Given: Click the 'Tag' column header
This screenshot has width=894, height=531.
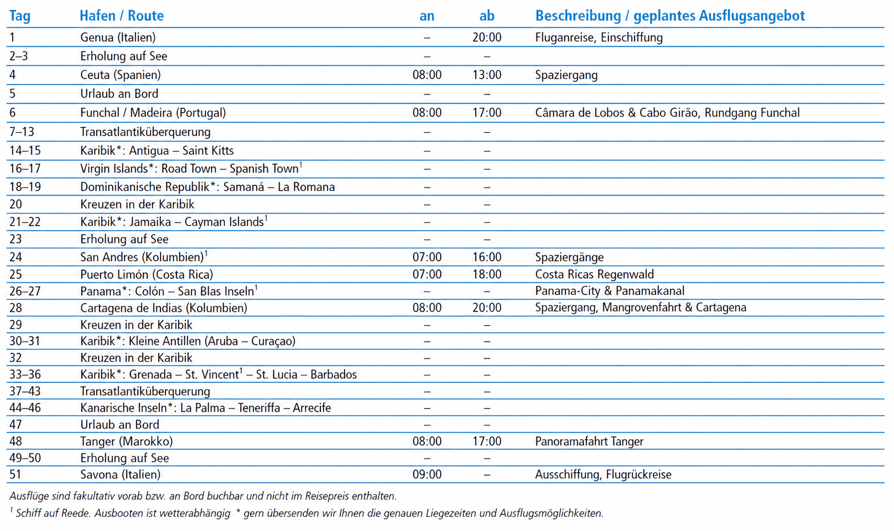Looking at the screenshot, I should [20, 16].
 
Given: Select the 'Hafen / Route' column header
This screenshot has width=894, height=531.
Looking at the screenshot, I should [121, 16].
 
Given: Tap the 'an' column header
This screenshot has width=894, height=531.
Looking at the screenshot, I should [426, 16].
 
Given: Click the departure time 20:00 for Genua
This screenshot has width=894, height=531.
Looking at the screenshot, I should [486, 37].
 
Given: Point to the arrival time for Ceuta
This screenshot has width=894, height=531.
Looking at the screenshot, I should [426, 75].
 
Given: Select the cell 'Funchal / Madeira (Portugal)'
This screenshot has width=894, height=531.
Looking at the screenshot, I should [153, 113].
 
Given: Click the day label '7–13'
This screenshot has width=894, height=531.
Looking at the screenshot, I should [25, 132].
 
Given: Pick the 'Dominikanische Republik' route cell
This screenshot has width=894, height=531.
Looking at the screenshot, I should [207, 187].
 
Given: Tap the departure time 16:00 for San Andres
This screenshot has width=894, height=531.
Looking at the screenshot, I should [486, 257].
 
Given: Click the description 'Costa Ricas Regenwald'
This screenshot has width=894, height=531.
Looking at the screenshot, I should [594, 274].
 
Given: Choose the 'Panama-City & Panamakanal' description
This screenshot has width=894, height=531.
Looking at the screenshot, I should [609, 290].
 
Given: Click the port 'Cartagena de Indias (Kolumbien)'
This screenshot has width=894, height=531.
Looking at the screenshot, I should [163, 308].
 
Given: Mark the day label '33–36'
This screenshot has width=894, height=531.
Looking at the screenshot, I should [25, 375].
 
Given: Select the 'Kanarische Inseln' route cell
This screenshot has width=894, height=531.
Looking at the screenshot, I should [206, 407].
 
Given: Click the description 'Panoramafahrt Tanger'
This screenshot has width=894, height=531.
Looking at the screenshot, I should [589, 441].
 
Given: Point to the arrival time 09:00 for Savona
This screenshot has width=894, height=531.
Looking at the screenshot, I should [426, 474].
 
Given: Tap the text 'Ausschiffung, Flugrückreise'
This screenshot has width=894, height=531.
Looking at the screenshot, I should [603, 474].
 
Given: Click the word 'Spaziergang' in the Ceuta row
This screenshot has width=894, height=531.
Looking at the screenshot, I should [566, 75].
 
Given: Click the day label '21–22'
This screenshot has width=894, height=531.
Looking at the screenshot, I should [25, 222].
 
